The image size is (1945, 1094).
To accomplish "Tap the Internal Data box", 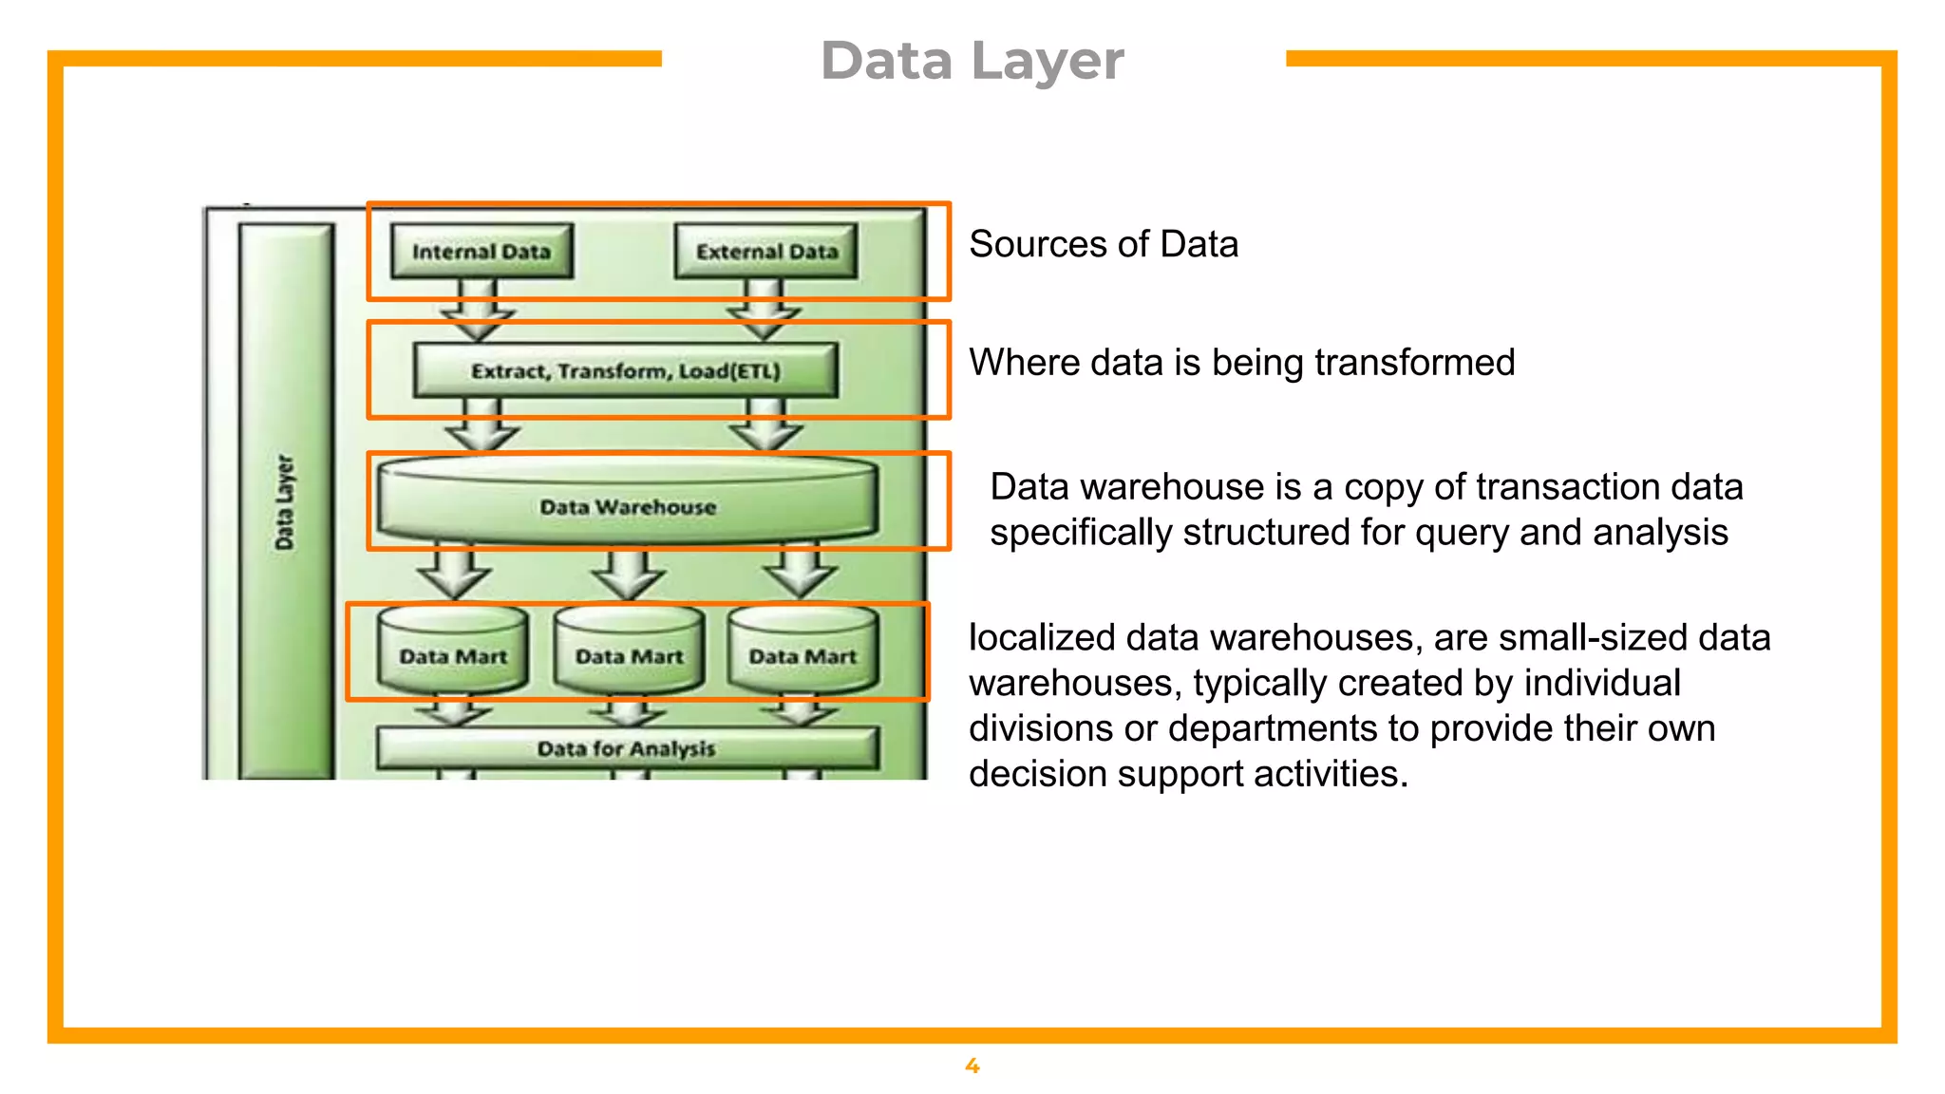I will [x=482, y=252].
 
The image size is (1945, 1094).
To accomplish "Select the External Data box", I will [x=766, y=252].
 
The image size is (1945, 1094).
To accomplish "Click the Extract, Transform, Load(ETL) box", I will [x=626, y=370].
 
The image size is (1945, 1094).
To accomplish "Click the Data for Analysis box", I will [x=627, y=748].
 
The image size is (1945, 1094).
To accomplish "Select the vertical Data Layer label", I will [x=285, y=501].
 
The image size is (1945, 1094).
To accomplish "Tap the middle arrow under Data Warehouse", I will [x=627, y=573].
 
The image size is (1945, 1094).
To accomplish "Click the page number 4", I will [x=972, y=1066].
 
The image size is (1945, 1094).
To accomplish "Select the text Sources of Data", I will [x=1104, y=244].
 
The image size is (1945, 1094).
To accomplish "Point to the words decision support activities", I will [x=1187, y=774].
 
